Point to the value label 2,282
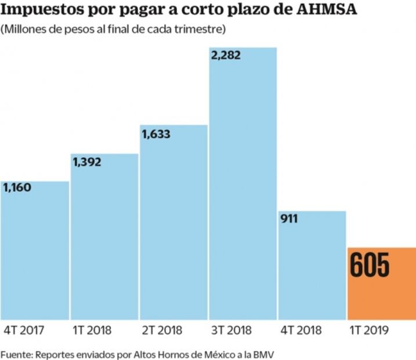pos(226,56)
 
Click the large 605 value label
pos(370,266)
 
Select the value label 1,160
pos(17,189)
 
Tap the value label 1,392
pos(87,162)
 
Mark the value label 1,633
pos(156,134)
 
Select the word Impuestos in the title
pos(39,10)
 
